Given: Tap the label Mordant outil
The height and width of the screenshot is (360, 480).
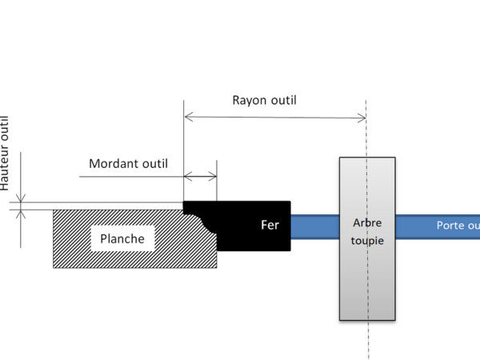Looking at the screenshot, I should tap(128, 163).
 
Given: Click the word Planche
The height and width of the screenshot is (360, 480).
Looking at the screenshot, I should tap(122, 238).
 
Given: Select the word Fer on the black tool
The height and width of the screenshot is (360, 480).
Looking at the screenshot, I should tap(270, 225).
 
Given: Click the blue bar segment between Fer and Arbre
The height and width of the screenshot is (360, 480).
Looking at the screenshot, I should tap(314, 226).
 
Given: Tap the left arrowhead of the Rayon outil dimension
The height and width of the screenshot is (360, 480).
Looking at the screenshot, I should tap(187, 118).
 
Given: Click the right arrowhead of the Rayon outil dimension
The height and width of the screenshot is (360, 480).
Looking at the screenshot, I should tap(363, 118).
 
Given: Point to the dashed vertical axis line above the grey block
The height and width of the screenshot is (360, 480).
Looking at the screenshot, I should tap(366, 128).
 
